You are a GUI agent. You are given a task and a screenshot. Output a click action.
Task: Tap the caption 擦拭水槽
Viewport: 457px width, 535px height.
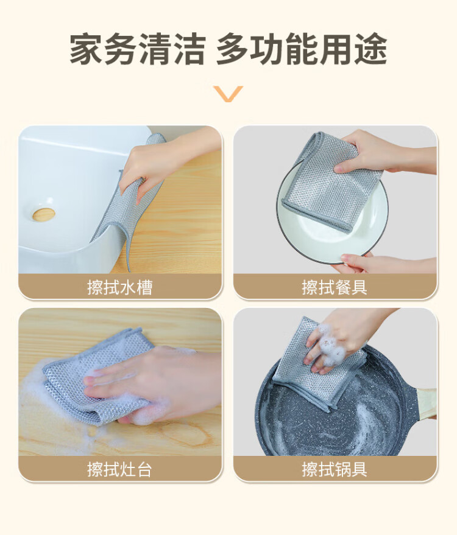[119, 287]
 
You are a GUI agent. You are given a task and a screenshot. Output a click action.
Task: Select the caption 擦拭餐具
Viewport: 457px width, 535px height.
[335, 287]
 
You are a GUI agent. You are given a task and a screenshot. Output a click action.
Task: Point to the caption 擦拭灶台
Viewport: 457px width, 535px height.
[119, 469]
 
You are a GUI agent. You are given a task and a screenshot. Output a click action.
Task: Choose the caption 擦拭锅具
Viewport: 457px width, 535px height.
[335, 469]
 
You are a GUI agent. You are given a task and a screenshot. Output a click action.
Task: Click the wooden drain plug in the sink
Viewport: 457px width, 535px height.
[44, 214]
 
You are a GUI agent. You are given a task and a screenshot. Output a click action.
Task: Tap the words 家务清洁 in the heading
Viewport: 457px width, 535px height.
[137, 49]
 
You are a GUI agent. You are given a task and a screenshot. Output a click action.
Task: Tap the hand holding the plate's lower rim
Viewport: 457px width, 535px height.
[386, 264]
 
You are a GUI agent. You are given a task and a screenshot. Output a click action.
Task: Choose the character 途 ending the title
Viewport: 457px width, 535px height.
[371, 49]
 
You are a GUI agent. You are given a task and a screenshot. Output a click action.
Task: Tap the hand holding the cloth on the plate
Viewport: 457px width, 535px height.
[383, 152]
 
